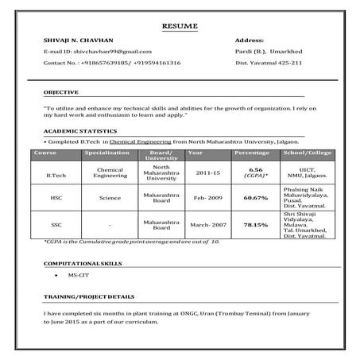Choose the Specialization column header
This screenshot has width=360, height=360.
tap(107, 151)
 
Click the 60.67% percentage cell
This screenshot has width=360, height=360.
tap(255, 197)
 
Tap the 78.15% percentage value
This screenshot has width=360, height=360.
tap(255, 224)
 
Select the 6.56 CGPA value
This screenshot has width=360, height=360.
tap(255, 169)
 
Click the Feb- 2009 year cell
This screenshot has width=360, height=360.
tap(207, 197)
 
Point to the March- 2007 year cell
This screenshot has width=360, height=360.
tap(208, 224)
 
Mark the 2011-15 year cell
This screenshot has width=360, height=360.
tap(208, 172)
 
